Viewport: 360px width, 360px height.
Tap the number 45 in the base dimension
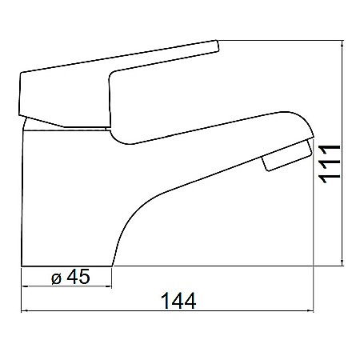[78, 276]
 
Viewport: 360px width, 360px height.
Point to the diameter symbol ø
[55, 277]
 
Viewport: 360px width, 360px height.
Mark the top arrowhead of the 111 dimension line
[342, 45]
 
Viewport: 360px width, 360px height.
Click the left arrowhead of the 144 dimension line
[25, 311]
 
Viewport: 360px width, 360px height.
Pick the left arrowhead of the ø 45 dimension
[24, 286]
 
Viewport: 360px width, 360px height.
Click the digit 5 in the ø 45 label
[85, 276]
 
